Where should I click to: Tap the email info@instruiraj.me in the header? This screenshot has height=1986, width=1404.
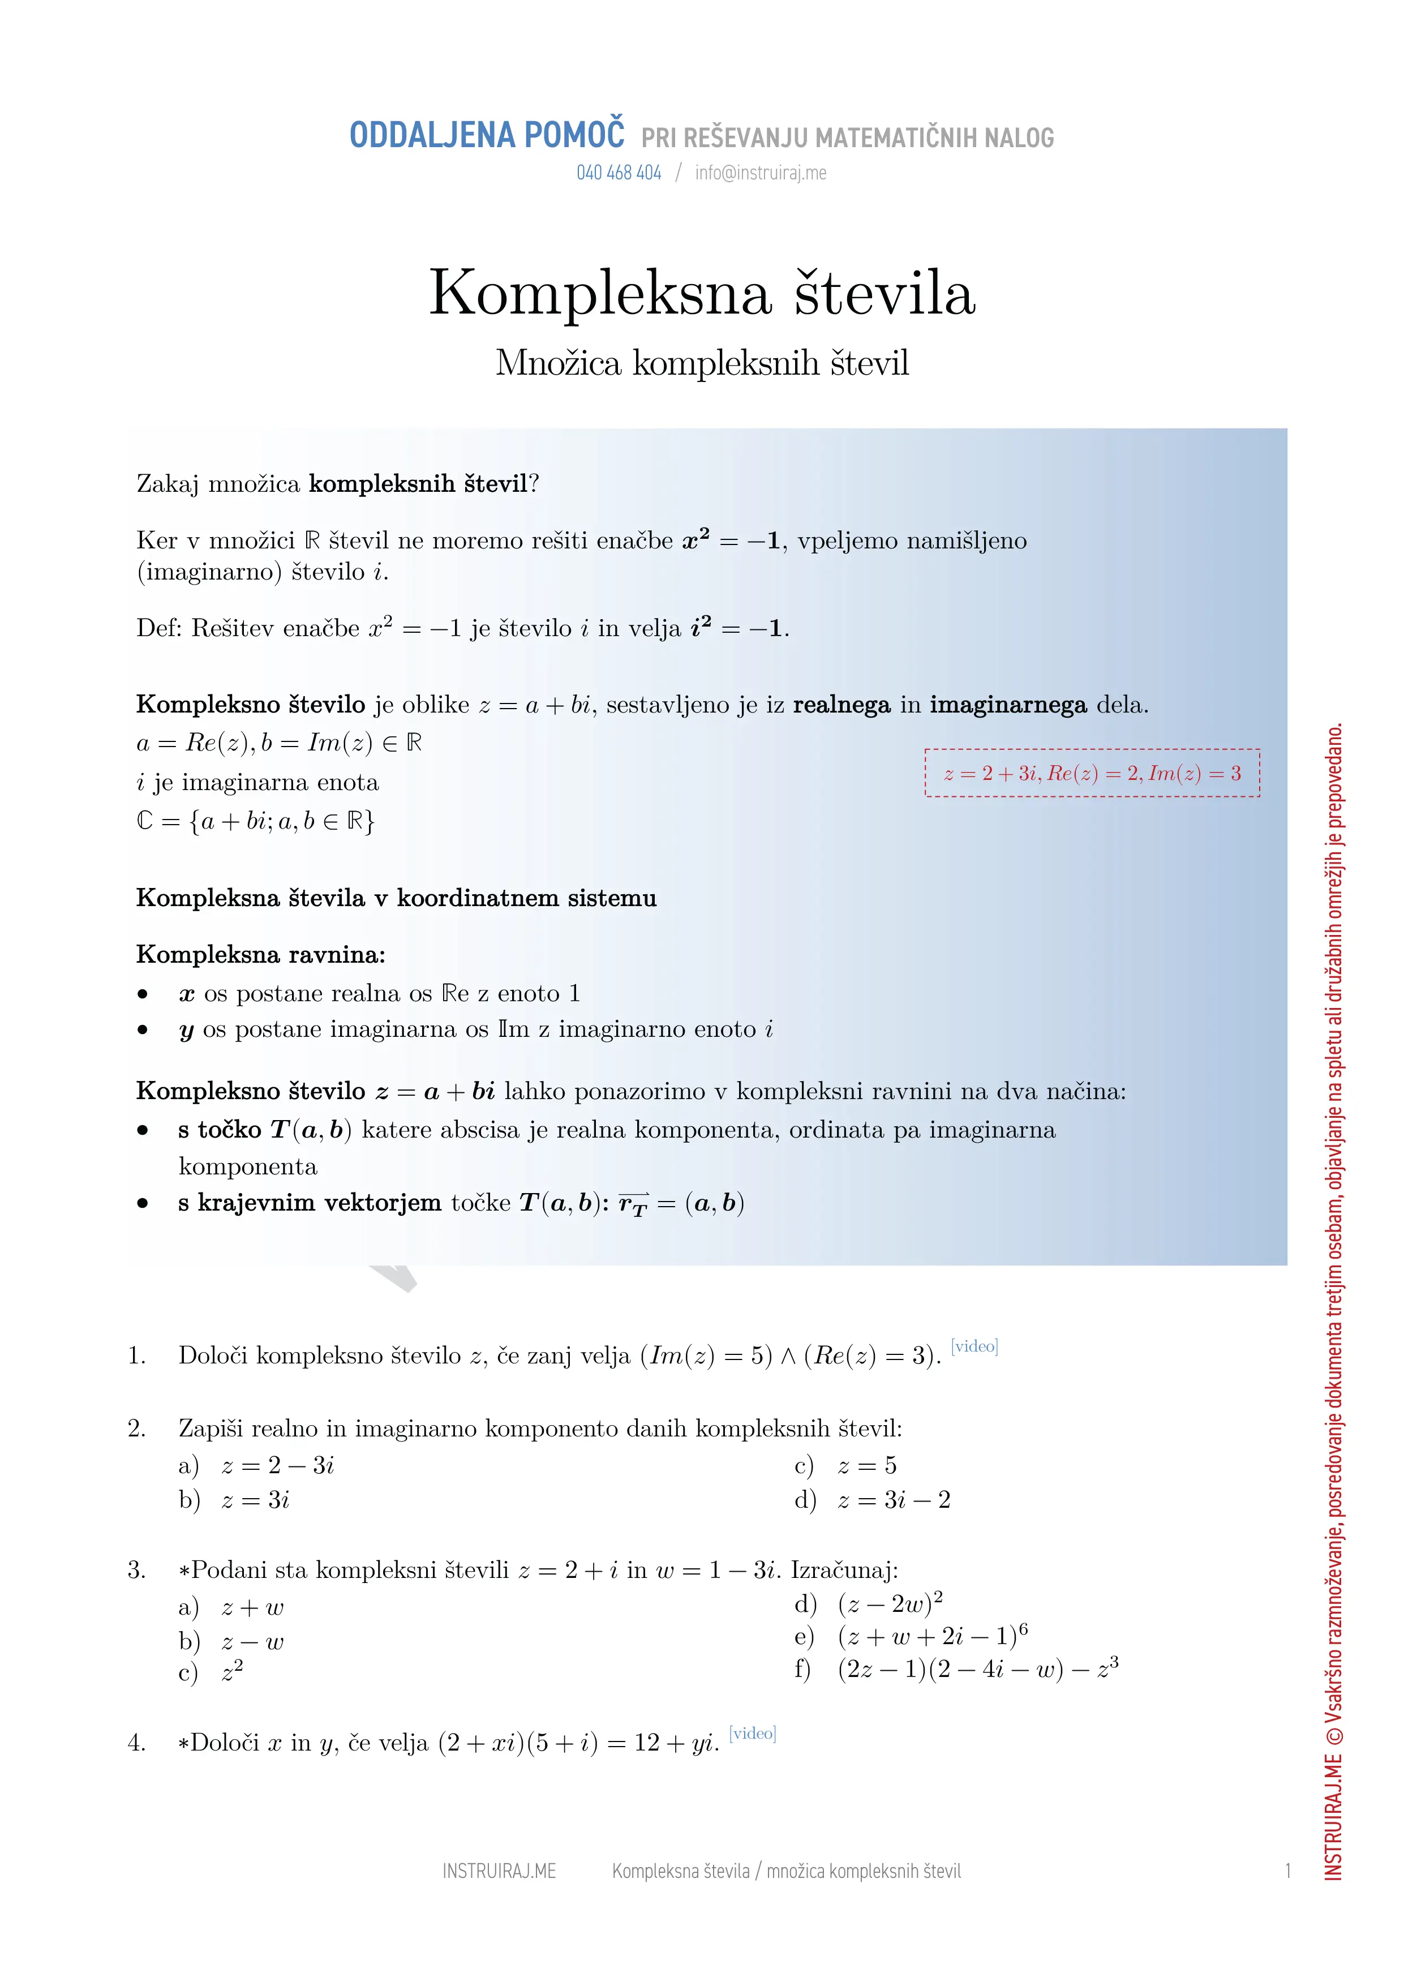(761, 173)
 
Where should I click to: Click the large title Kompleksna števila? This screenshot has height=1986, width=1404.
(702, 293)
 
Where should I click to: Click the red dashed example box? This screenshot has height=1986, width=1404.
(1092, 773)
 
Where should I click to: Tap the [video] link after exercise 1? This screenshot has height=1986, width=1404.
(974, 1346)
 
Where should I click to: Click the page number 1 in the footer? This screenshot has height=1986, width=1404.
(1287, 1871)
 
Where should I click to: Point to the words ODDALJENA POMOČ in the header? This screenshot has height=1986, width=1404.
(486, 136)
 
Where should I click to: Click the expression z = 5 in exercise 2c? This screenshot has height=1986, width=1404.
(867, 1465)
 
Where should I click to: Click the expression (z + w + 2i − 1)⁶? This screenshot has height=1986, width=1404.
(933, 1636)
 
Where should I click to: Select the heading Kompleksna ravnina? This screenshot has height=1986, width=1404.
(260, 955)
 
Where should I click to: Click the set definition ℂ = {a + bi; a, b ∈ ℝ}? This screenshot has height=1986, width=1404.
(255, 821)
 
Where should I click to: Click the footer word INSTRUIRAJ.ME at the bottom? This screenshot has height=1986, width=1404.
(499, 1871)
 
